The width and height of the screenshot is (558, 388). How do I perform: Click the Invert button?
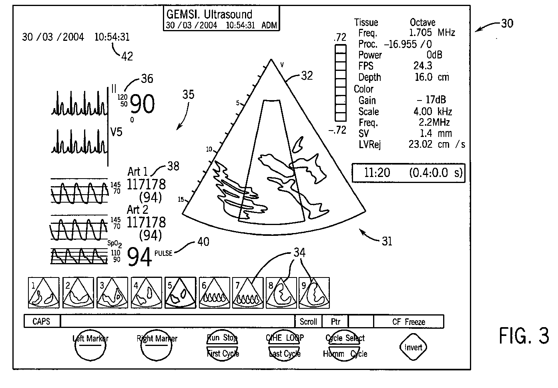tap(413, 347)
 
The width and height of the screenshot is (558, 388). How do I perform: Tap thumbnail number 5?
tap(180, 293)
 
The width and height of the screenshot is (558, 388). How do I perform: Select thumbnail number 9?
tap(314, 293)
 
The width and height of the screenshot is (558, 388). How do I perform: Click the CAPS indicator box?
tap(41, 322)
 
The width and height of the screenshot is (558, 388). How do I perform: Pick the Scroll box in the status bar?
tap(308, 322)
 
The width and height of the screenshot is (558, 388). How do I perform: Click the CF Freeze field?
tap(408, 322)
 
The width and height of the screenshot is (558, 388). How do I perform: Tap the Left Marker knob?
tap(90, 347)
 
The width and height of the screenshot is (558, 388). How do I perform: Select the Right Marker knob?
tap(157, 347)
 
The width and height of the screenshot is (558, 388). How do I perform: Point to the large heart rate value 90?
tap(143, 105)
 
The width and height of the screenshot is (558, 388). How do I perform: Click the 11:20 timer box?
tap(408, 173)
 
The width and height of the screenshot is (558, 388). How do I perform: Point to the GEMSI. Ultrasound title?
tap(209, 14)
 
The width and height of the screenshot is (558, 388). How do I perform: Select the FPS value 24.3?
tap(423, 66)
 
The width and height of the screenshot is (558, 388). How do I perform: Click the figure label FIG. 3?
tap(524, 336)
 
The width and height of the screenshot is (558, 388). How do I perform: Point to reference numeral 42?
tap(127, 56)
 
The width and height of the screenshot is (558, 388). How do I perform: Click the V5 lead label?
tap(116, 132)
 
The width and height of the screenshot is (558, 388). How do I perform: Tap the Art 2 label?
tap(138, 209)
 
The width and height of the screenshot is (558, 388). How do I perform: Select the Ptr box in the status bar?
tap(336, 322)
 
